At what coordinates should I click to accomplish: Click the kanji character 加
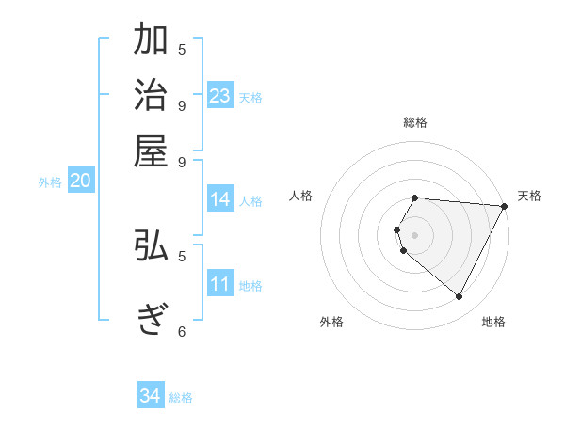tap(152, 41)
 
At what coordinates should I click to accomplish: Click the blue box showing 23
tap(220, 96)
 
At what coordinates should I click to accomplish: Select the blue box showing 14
tap(220, 199)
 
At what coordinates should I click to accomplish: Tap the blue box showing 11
tap(220, 285)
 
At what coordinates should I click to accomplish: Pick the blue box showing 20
tap(80, 182)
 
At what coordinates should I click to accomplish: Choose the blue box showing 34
tap(151, 396)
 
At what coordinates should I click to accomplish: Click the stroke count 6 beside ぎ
tap(182, 331)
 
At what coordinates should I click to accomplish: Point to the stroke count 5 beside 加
tap(182, 49)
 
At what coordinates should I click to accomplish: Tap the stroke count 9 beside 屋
tap(182, 161)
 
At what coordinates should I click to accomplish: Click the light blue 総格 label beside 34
tap(181, 398)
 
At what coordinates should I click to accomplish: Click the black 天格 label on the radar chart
tap(529, 196)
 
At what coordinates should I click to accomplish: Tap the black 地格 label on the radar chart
tap(493, 322)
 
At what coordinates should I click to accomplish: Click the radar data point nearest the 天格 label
tap(505, 206)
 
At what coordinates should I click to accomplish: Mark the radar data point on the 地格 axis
tap(460, 297)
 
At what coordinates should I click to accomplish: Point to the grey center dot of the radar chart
tap(415, 234)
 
